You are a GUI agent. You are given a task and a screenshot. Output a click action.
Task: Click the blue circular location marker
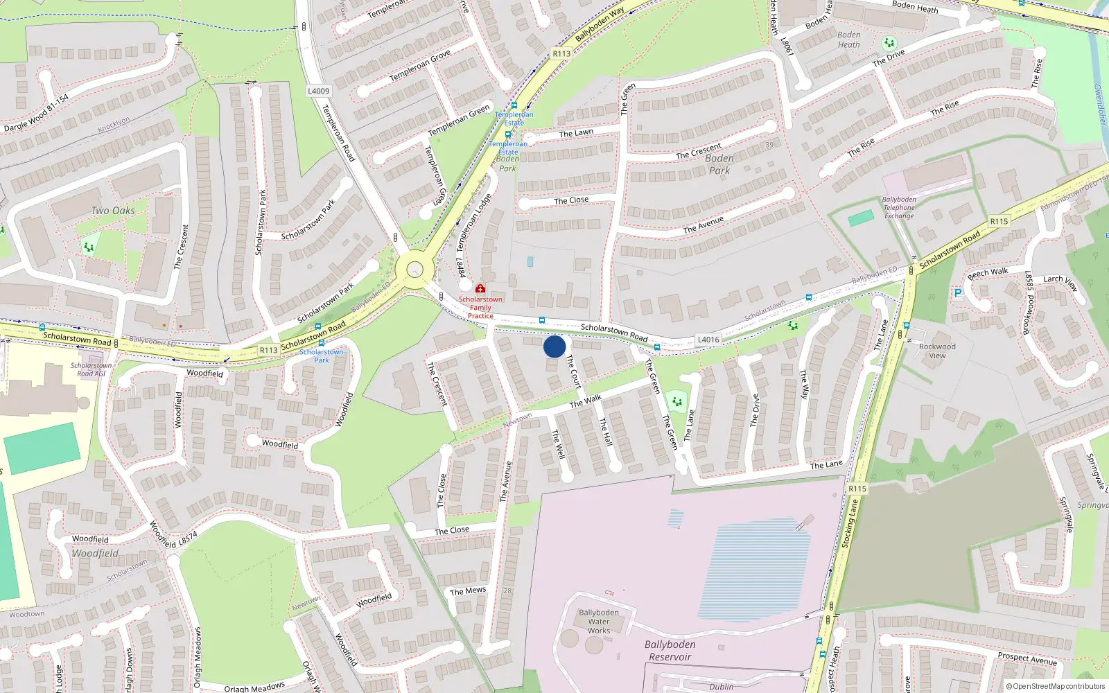point(554,346)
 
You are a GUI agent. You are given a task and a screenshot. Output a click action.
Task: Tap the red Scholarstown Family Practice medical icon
point(480,288)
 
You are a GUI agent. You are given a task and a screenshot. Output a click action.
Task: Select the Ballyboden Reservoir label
point(670,650)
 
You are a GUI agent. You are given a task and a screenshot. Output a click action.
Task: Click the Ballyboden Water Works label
point(599,622)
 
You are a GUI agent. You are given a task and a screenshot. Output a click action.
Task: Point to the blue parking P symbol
point(958,293)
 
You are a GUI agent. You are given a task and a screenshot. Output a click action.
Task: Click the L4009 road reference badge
point(319,91)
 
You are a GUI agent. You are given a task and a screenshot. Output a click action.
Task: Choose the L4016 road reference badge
point(708,340)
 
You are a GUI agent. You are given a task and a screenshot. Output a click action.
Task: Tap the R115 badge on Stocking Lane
point(857,489)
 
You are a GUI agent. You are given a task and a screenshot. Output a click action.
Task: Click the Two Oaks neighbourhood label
point(113,211)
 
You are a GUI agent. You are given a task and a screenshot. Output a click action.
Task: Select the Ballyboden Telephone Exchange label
point(899,208)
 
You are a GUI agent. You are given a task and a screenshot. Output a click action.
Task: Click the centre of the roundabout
point(414,269)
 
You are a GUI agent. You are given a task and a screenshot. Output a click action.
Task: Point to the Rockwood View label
point(937,351)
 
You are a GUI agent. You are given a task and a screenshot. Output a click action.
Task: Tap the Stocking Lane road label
point(850,525)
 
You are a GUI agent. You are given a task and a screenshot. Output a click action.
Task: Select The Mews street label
point(468,591)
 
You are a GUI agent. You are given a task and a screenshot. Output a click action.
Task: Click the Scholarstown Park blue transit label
point(322,356)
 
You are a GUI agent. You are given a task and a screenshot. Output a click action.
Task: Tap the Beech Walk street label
point(988,272)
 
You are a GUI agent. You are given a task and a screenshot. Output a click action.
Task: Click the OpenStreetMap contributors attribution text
point(1056,687)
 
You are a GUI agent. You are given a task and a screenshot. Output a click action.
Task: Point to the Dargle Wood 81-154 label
point(37,113)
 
